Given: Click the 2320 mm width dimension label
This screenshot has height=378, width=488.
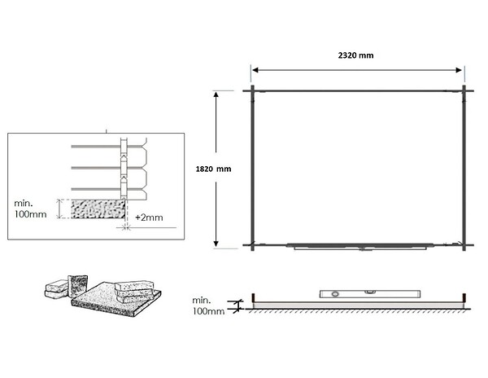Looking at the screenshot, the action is click(355, 55).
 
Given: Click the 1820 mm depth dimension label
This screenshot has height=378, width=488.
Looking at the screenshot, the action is click(213, 169).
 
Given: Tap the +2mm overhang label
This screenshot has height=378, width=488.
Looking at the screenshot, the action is click(149, 218).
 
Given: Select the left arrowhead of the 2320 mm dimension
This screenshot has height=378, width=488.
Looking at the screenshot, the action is click(255, 70).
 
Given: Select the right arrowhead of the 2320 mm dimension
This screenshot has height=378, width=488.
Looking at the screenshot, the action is click(459, 70).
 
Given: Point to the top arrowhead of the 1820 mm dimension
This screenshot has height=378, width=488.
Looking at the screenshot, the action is click(216, 94).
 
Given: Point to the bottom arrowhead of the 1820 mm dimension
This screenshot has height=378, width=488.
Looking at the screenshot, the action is click(216, 244).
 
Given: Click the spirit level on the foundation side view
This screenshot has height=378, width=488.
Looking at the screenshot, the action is click(370, 294).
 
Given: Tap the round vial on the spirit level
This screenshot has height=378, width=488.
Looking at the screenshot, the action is click(335, 294).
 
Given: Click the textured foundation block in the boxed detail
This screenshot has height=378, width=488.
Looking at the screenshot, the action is click(98, 209).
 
